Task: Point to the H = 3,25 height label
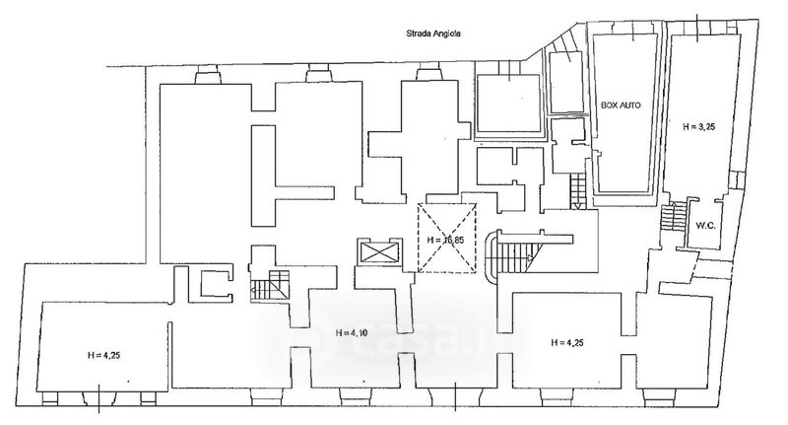tap(696, 126)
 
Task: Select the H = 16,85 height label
tap(446, 240)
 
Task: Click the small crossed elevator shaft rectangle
tap(380, 252)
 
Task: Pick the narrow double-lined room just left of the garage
tap(566, 81)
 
